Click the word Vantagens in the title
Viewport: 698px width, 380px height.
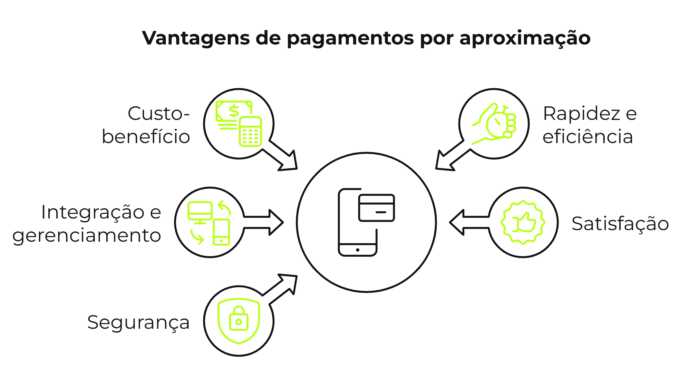click(x=196, y=38)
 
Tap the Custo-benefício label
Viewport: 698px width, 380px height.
click(x=146, y=125)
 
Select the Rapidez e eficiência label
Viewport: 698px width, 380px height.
click(x=589, y=125)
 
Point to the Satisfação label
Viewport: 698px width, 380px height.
click(x=620, y=224)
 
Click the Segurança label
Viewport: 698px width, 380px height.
click(x=138, y=322)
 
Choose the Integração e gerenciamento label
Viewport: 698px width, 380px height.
click(x=87, y=224)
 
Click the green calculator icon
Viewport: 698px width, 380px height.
click(x=250, y=132)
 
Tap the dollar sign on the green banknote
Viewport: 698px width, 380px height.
click(x=234, y=111)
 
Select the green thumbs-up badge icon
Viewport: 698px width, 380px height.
click(x=523, y=222)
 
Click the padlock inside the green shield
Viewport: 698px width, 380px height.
click(x=238, y=319)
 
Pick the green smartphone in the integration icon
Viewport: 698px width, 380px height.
click(x=221, y=232)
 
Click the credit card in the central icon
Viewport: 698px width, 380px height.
click(x=376, y=208)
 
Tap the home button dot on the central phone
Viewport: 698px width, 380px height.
click(x=358, y=250)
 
